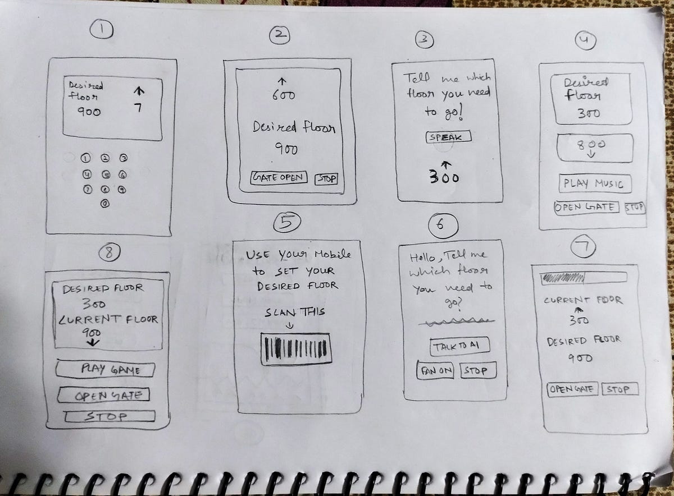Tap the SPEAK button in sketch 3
coord(448,137)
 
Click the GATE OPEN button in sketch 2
coord(279,178)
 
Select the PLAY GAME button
coord(105,369)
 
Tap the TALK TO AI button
coord(460,346)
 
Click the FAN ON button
coord(435,371)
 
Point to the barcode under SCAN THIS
coord(296,349)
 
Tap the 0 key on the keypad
coord(105,204)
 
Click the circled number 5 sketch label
coord(287,224)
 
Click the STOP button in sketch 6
coord(477,371)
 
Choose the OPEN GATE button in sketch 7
coord(572,389)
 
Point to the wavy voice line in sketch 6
coord(456,323)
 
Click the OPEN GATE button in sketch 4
coord(586,207)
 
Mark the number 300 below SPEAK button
coord(444,177)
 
